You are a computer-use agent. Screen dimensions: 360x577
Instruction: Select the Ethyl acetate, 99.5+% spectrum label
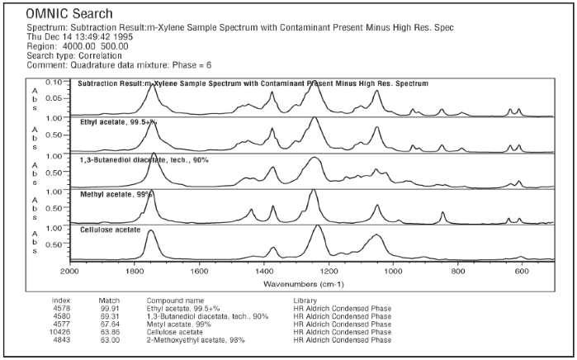coord(118,121)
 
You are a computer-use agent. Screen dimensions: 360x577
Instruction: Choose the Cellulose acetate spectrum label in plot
coord(110,230)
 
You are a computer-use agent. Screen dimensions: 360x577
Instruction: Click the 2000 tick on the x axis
coord(69,269)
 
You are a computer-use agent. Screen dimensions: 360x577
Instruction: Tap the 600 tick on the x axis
coord(522,269)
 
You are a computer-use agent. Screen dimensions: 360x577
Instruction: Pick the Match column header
coord(110,299)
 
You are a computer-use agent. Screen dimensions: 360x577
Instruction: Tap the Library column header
coord(305,299)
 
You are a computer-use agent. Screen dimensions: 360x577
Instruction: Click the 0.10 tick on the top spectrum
coord(54,83)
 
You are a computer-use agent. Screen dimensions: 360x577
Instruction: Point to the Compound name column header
coord(175,299)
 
